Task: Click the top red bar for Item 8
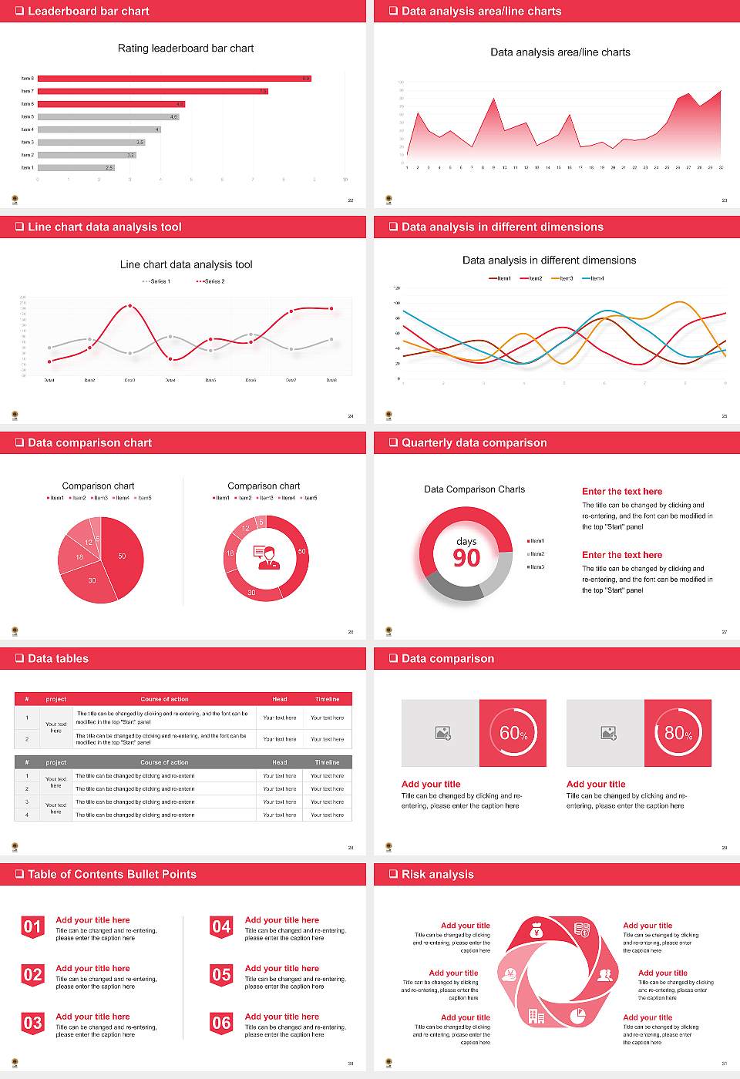[x=174, y=78]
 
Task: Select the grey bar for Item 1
[x=76, y=167]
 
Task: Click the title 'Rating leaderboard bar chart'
[x=186, y=48]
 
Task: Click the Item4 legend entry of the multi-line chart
[x=593, y=278]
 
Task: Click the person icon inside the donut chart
[x=266, y=556]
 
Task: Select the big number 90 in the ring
[x=466, y=558]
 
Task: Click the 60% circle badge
[x=513, y=732]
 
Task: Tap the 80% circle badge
[x=678, y=732]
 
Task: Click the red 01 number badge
[x=32, y=927]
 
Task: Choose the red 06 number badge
[x=221, y=1024]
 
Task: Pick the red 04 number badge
[x=221, y=927]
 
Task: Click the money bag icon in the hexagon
[x=537, y=933]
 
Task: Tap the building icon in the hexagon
[x=536, y=1017]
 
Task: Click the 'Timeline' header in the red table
[x=327, y=699]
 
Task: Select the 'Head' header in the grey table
[x=279, y=762]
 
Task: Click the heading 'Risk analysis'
[x=437, y=874]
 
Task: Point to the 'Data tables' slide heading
[x=58, y=658]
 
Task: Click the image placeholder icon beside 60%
[x=442, y=733]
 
